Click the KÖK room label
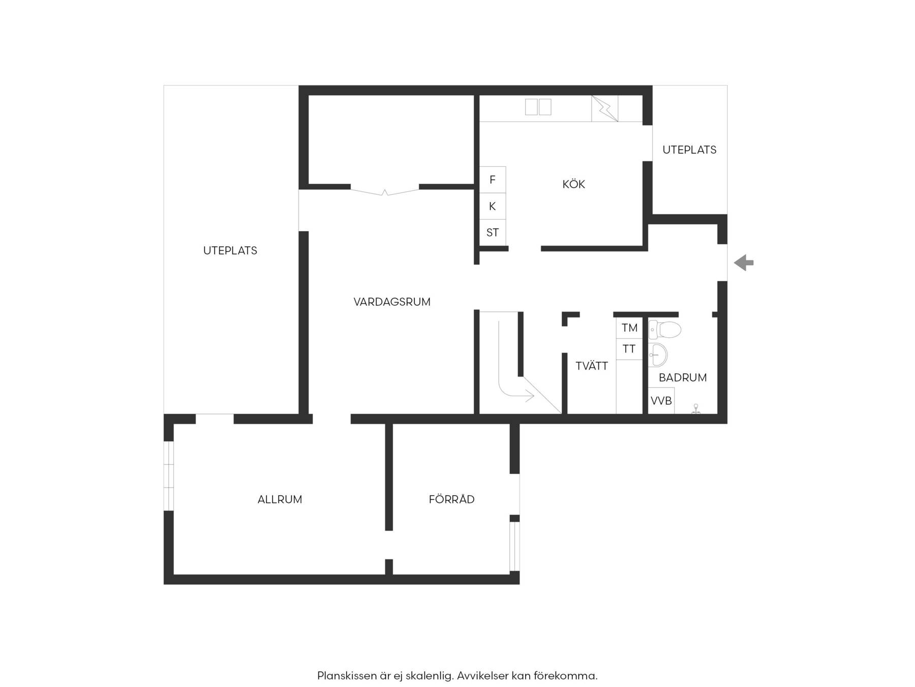[573, 184]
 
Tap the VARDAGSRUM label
[392, 302]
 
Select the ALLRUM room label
[280, 499]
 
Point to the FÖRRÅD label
[451, 499]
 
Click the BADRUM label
[683, 378]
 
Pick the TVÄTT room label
[592, 365]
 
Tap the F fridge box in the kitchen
[493, 180]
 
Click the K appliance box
[493, 206]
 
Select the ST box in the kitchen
[493, 233]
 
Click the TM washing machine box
[629, 328]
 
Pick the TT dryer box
[629, 349]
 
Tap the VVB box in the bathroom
[661, 401]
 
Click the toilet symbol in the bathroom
[665, 329]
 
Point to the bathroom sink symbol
[658, 355]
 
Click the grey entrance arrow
[744, 263]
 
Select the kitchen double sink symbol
[538, 107]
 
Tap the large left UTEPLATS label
[230, 250]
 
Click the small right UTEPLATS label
[689, 150]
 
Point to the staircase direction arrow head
[530, 395]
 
